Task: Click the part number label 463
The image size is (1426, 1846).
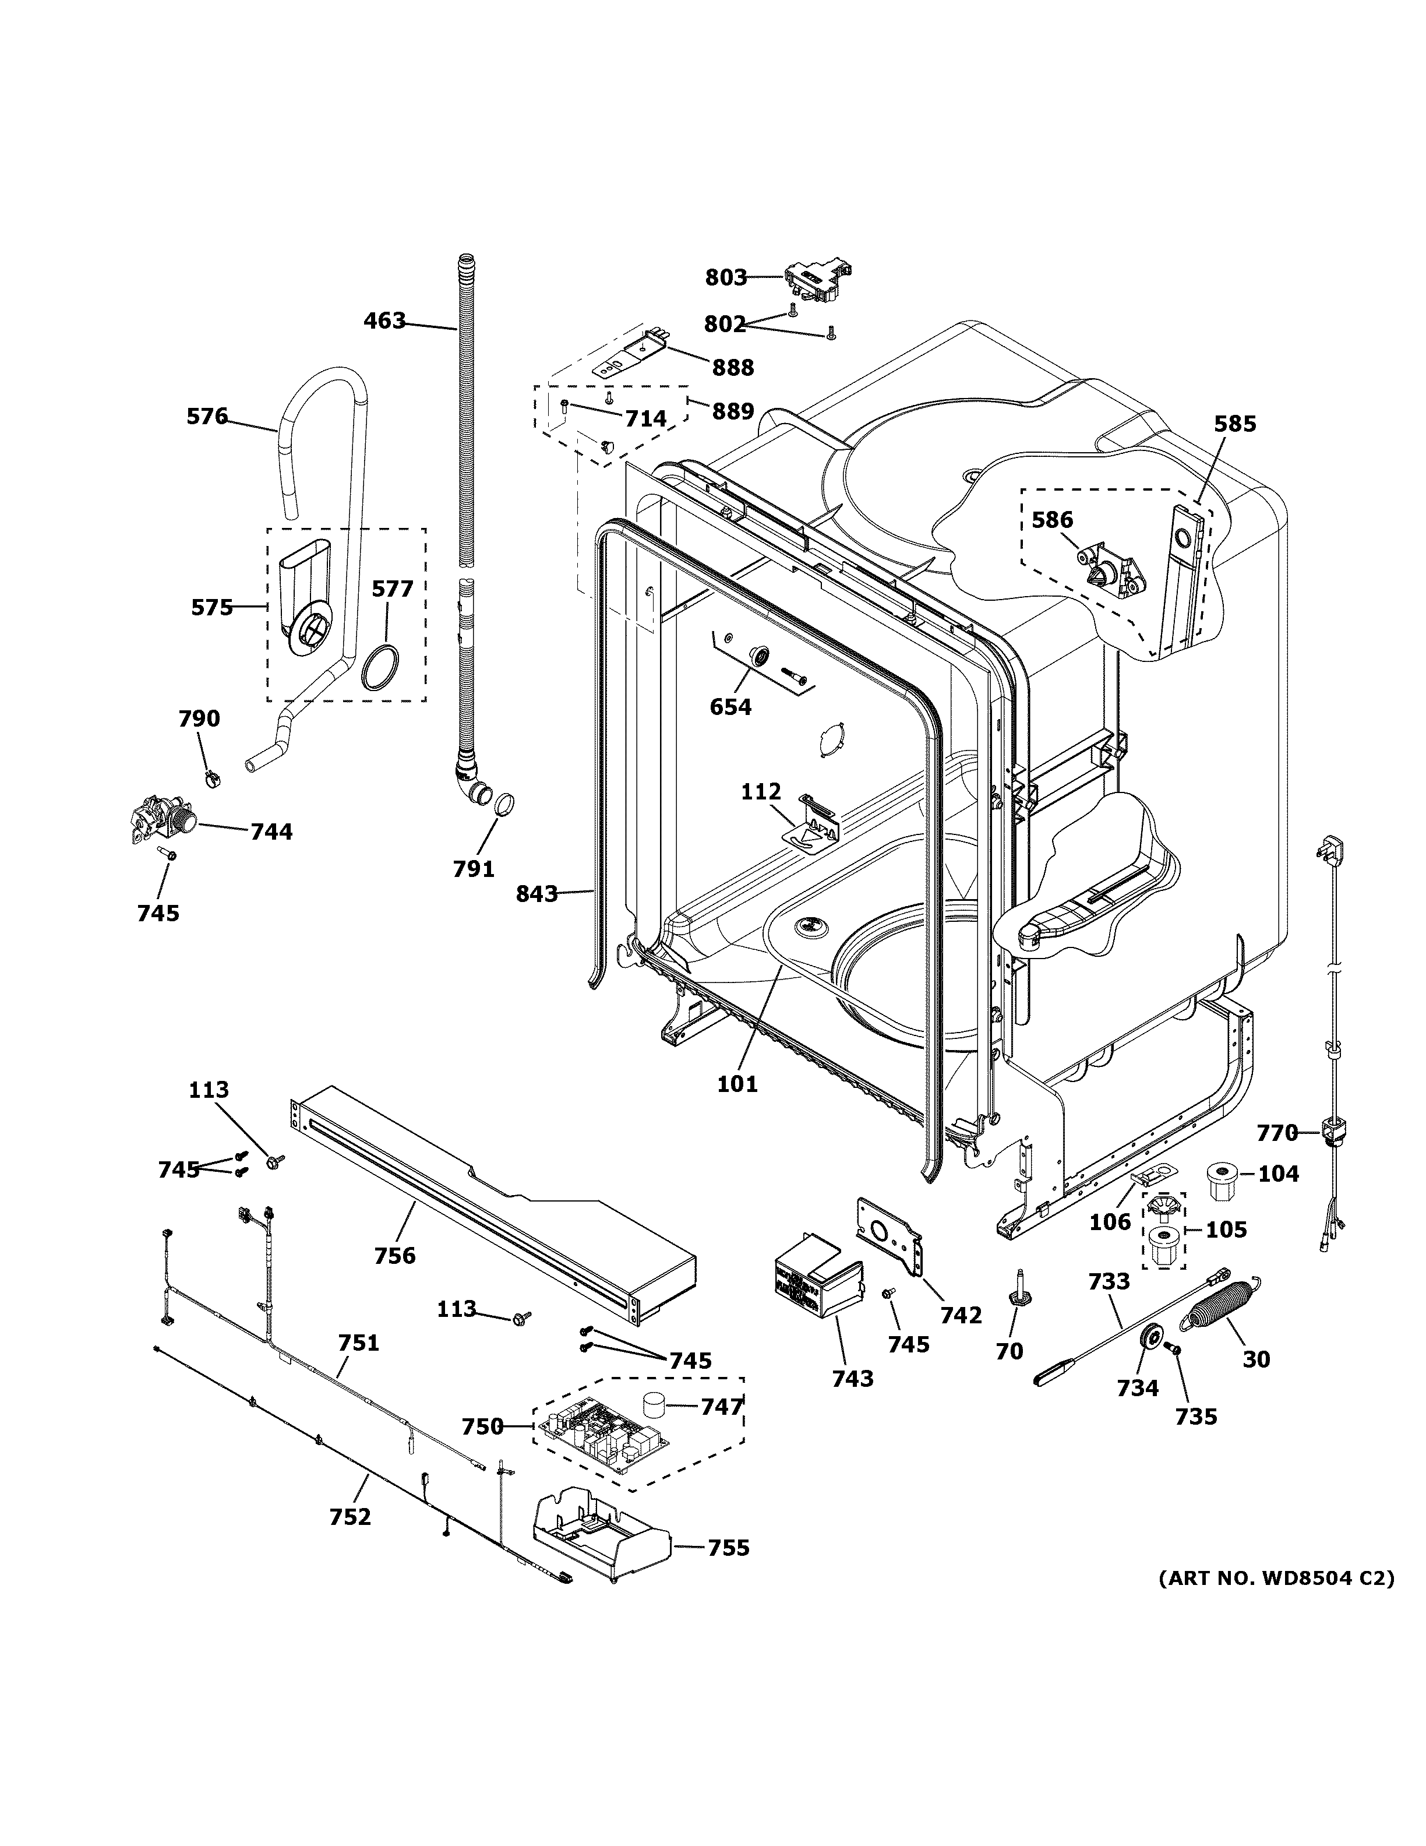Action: coord(384,321)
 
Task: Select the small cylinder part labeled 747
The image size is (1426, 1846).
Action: coord(653,1404)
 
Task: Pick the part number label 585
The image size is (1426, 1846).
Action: coord(1235,424)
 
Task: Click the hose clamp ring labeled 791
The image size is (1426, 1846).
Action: coord(501,803)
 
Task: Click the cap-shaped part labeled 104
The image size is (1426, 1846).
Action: coord(1219,1180)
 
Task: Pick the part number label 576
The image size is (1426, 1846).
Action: coord(207,416)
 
